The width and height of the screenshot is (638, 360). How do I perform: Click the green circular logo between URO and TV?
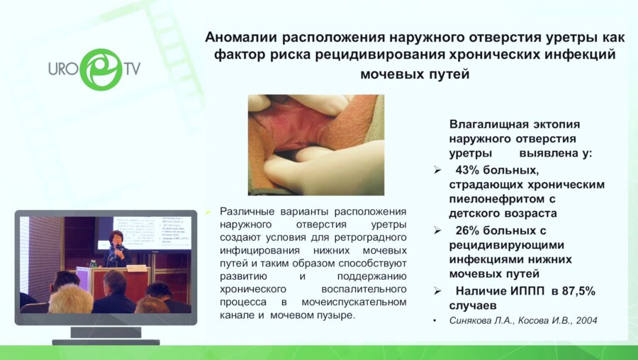coord(101,69)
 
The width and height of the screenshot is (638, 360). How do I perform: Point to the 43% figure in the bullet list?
coord(469,169)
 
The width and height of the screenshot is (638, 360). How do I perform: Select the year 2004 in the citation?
coord(587,320)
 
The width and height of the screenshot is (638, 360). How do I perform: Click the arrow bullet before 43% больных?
coord(437,169)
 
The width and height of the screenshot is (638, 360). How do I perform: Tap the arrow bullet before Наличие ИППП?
coord(437,291)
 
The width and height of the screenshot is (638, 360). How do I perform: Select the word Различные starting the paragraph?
coord(247,211)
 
